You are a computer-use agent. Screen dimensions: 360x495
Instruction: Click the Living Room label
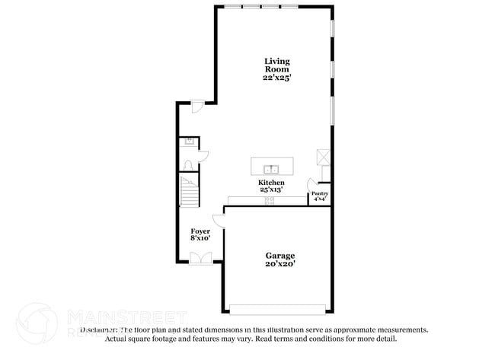click(277, 65)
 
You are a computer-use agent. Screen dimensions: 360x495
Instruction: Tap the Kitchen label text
click(271, 183)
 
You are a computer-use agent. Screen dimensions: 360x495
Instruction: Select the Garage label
click(279, 256)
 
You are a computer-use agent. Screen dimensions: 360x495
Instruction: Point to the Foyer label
click(200, 231)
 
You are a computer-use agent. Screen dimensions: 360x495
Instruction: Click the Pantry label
click(320, 194)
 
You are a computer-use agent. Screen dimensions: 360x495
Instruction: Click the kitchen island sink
click(271, 168)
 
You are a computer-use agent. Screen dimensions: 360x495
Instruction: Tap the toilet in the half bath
click(187, 166)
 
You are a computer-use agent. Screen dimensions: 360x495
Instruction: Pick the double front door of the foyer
click(201, 257)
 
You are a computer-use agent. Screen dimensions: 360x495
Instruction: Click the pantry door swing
click(312, 184)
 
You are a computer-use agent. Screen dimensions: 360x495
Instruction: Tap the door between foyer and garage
click(219, 220)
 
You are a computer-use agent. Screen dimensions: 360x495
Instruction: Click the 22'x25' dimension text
click(277, 78)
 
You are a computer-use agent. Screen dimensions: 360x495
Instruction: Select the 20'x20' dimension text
click(279, 264)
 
